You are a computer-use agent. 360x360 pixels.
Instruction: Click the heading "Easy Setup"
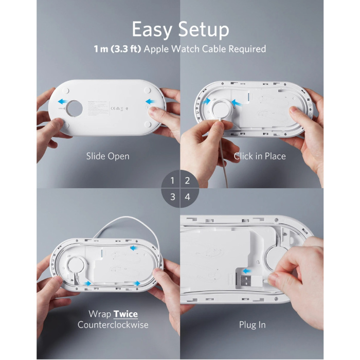point(180,29)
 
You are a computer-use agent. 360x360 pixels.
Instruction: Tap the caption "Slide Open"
point(107,156)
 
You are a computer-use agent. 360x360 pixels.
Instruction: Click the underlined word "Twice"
point(125,314)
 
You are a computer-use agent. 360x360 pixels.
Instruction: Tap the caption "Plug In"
point(253,325)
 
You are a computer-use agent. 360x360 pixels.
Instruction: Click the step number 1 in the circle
point(172,181)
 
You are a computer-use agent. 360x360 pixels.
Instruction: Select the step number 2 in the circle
point(188,181)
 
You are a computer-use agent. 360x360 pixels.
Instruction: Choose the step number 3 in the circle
point(172,196)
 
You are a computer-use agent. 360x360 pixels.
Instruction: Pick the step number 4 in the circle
point(188,196)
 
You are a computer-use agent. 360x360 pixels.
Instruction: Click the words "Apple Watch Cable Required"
point(206,49)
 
